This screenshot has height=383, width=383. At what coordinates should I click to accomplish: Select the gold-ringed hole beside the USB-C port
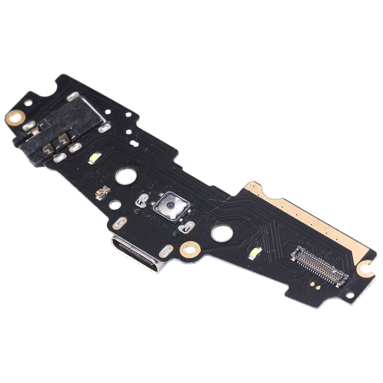click(x=190, y=250)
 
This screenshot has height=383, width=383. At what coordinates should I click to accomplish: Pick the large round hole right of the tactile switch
click(x=221, y=233)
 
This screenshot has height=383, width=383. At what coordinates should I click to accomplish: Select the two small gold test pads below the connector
click(x=314, y=283)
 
